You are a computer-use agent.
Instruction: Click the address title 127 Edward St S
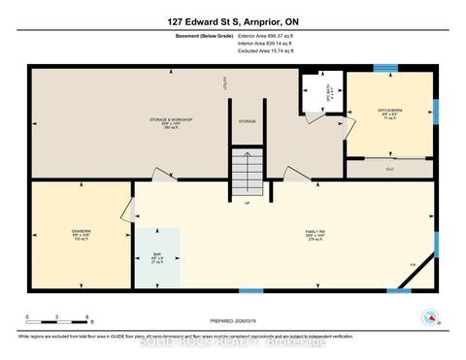(233, 21)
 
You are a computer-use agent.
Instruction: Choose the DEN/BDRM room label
(80, 233)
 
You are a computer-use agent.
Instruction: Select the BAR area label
(156, 257)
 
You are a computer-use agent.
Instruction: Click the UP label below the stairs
(246, 204)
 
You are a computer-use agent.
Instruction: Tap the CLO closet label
(390, 168)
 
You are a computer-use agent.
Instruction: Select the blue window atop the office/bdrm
(386, 67)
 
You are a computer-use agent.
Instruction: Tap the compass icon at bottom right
(427, 316)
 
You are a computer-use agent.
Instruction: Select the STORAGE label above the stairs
(247, 121)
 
